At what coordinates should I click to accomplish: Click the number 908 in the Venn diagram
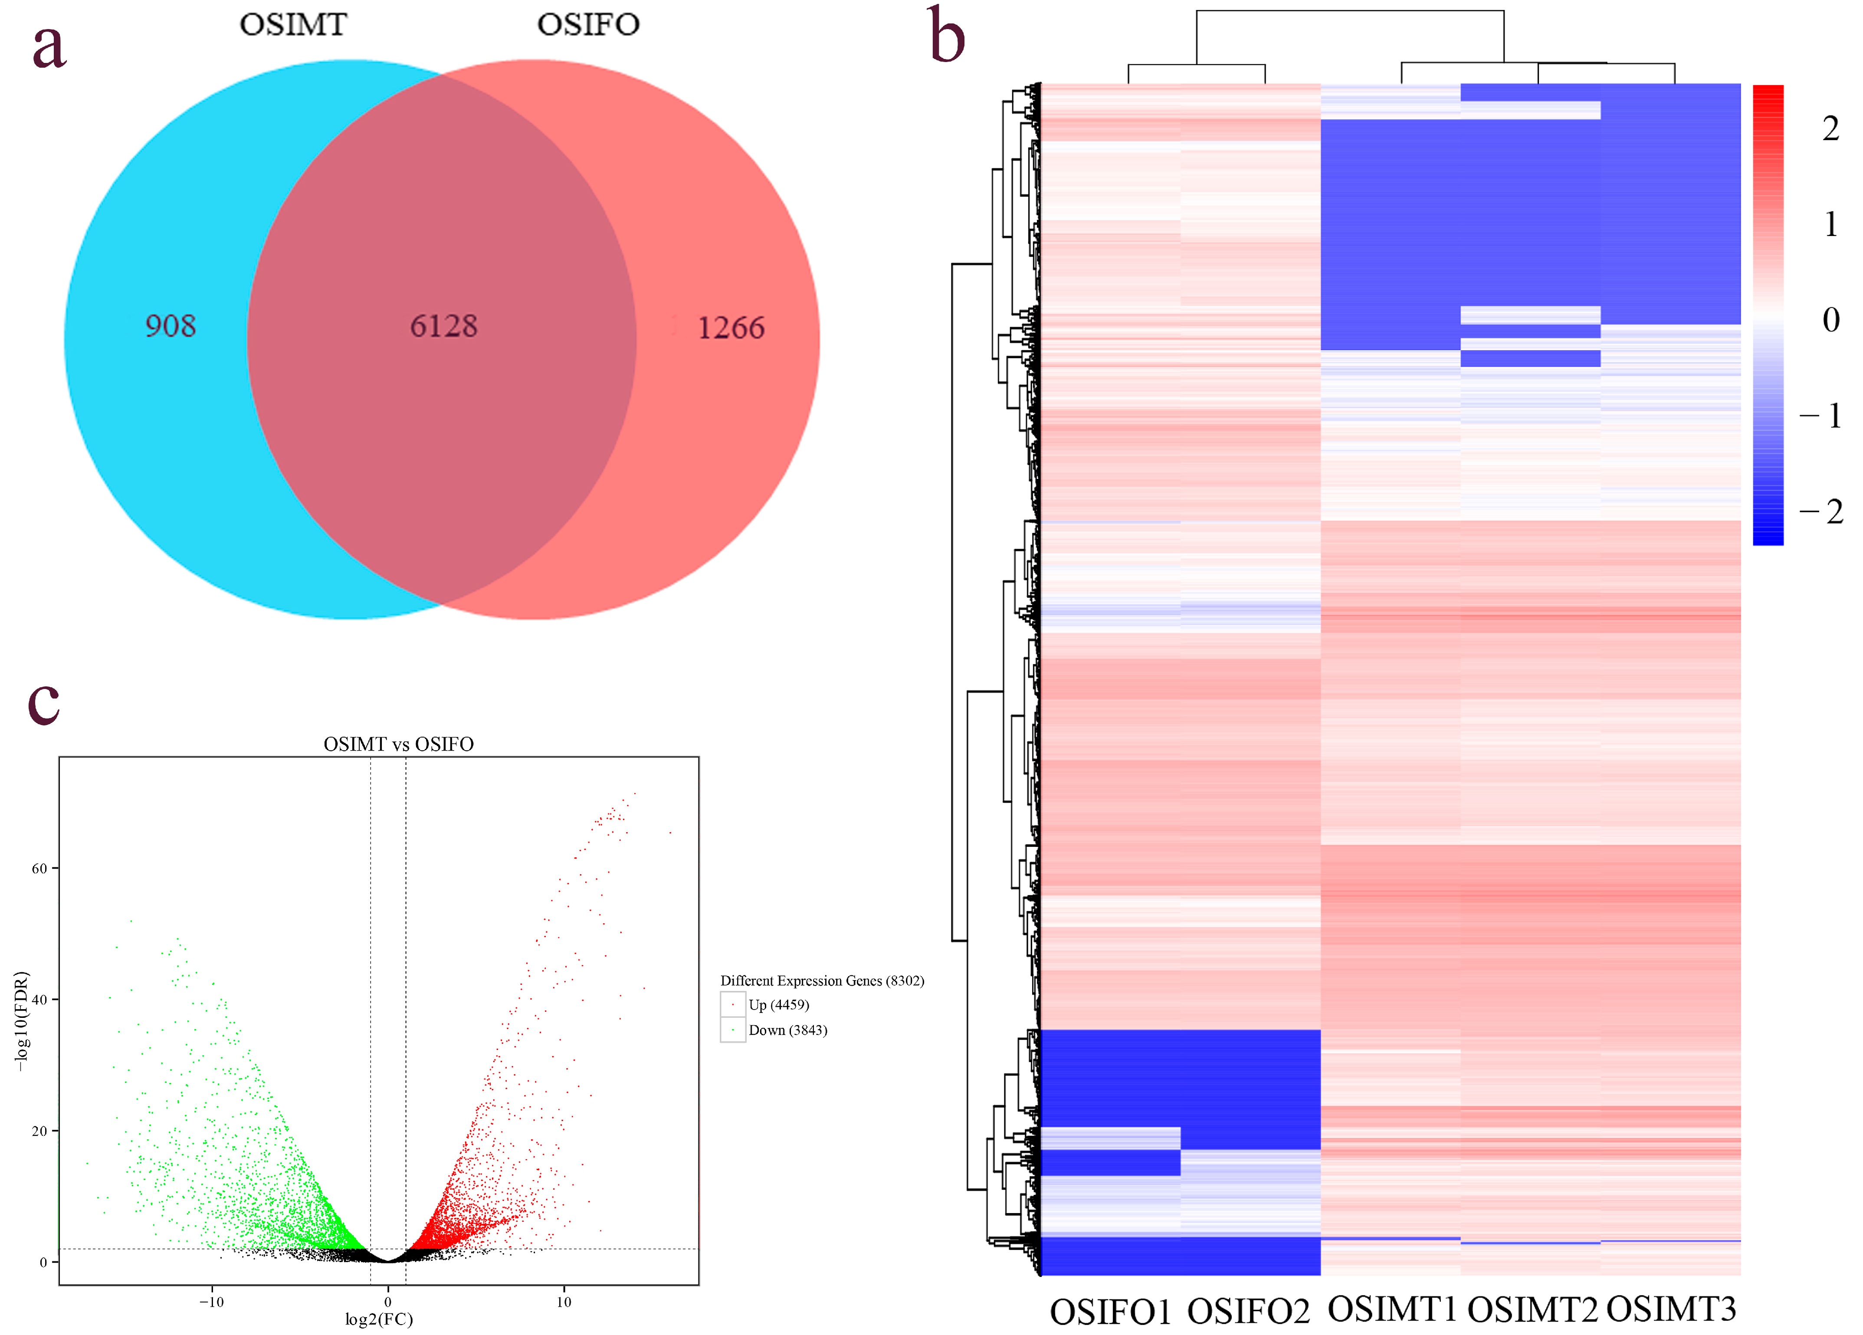(x=170, y=326)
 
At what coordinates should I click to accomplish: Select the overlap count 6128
(x=443, y=326)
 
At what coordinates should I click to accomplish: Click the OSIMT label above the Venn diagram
(x=293, y=25)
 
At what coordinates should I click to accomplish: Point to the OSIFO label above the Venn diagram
(x=588, y=25)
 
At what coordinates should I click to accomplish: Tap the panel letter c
(x=43, y=702)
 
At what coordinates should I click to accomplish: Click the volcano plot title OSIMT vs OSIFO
(x=398, y=745)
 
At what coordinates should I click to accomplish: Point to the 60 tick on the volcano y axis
(x=39, y=868)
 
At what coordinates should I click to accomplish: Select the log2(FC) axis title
(x=379, y=1319)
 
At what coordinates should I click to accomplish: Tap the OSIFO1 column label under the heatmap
(x=1111, y=1312)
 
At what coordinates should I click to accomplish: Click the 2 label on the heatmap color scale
(x=1830, y=129)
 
